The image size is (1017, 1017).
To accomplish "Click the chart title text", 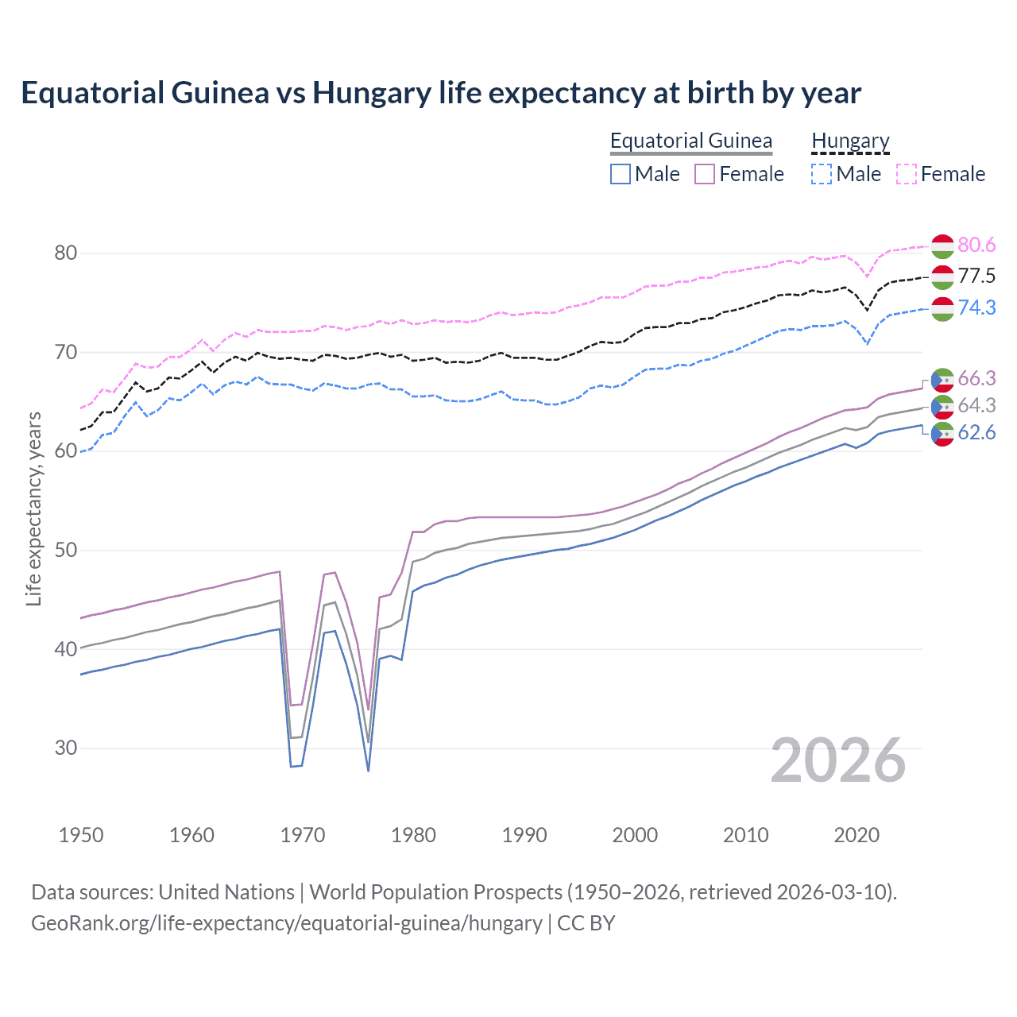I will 441,93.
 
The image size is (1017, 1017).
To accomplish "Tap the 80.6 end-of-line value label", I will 976,246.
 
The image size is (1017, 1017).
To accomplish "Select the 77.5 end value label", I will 976,276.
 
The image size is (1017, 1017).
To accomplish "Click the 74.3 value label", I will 976,307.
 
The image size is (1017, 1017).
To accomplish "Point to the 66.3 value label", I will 976,378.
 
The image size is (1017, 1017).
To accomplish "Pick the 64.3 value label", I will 976,406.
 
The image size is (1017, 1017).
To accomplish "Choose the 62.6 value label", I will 976,433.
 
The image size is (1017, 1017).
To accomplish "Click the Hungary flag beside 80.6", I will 942,246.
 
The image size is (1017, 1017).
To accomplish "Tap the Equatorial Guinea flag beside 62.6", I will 942,434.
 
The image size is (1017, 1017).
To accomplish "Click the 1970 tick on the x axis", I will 303,835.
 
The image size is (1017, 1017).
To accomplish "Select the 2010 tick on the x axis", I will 745,835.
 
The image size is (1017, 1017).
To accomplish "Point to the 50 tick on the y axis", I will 66,550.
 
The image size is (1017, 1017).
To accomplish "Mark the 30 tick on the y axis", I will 66,748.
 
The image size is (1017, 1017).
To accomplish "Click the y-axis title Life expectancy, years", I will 33,508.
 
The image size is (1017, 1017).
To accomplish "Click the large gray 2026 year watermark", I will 838,760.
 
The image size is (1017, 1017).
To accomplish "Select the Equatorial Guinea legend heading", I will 690,141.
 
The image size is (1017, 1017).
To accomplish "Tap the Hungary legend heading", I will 850,141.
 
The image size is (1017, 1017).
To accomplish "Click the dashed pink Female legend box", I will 907,174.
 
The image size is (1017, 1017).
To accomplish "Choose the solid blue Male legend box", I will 621,174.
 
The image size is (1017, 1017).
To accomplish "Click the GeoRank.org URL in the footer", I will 286,923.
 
